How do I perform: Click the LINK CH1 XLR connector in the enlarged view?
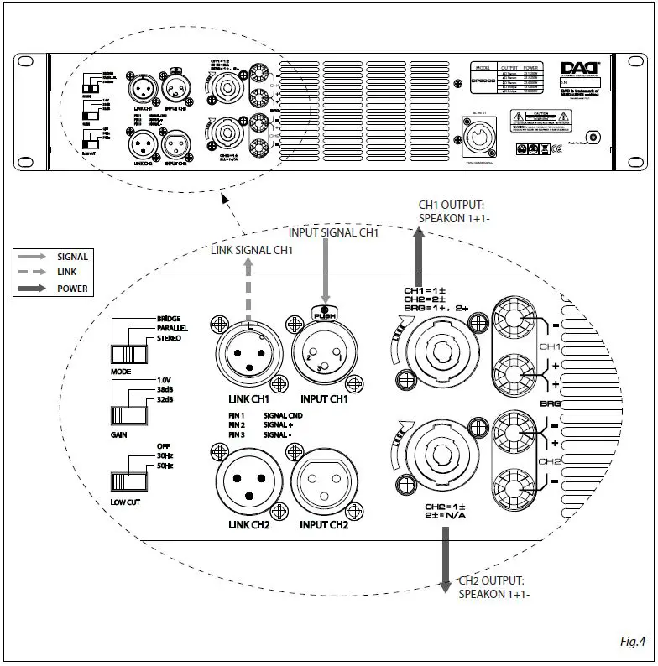pos(249,353)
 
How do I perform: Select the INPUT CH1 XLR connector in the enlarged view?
pos(323,353)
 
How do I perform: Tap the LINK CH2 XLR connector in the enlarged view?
pos(249,486)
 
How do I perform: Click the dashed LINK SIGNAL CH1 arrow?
pos(249,285)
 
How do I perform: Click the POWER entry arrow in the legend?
pos(34,289)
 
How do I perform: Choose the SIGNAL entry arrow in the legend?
pos(34,257)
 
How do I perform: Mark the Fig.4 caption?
pos(631,642)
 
